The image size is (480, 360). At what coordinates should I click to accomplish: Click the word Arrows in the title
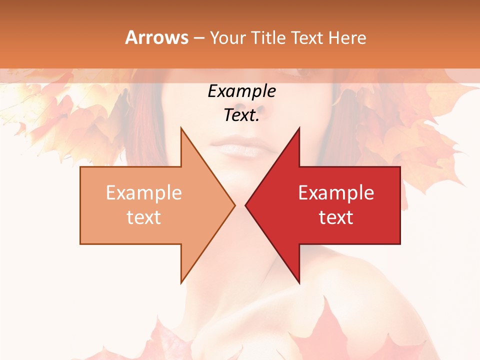[x=156, y=37]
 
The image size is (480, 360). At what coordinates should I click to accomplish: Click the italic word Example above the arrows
[x=242, y=91]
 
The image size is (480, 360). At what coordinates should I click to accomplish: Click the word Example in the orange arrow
[x=144, y=193]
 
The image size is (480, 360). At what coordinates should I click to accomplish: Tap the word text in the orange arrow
[x=144, y=217]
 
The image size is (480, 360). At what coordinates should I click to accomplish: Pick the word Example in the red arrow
[x=336, y=193]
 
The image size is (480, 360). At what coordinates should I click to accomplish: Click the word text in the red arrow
[x=336, y=217]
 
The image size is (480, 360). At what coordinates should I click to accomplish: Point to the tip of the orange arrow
[x=235, y=205]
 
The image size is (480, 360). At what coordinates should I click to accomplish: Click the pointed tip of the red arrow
[x=245, y=205]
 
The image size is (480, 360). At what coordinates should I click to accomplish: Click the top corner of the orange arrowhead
[x=181, y=127]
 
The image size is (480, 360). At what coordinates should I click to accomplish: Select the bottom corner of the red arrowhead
[x=299, y=283]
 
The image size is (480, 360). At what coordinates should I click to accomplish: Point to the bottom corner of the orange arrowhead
[x=181, y=283]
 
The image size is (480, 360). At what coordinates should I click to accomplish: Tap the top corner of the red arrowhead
[x=299, y=127]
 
